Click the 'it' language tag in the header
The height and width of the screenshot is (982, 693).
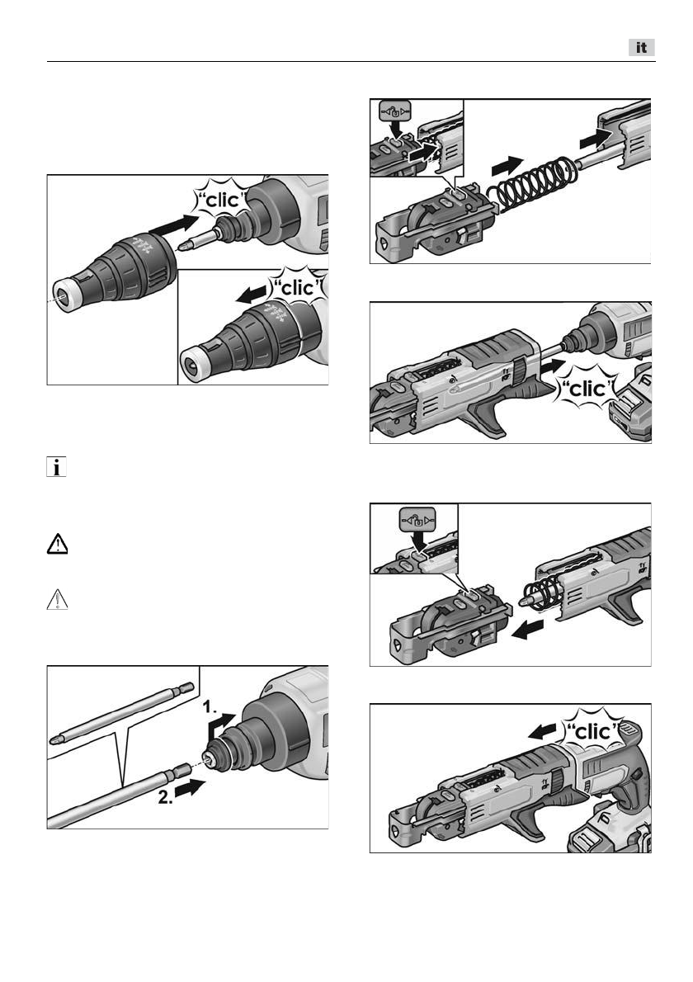tap(642, 48)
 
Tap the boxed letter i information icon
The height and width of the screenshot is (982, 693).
tap(56, 467)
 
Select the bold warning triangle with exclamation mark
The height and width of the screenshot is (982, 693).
tap(58, 545)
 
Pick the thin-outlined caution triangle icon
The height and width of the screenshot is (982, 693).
tap(58, 599)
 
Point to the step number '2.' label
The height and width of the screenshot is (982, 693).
tap(165, 798)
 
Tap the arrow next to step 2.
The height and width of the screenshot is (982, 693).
tap(191, 788)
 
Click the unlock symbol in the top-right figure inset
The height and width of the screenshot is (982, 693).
tap(395, 113)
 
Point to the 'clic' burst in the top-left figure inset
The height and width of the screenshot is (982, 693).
tap(298, 287)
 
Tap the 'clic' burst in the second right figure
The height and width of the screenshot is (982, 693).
tap(587, 389)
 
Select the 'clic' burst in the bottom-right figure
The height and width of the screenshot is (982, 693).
tap(592, 731)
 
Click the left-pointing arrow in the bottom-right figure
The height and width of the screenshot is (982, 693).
tap(543, 730)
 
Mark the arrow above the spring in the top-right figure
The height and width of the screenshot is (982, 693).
tap(507, 166)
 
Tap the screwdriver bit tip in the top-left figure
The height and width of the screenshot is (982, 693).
tap(183, 246)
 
